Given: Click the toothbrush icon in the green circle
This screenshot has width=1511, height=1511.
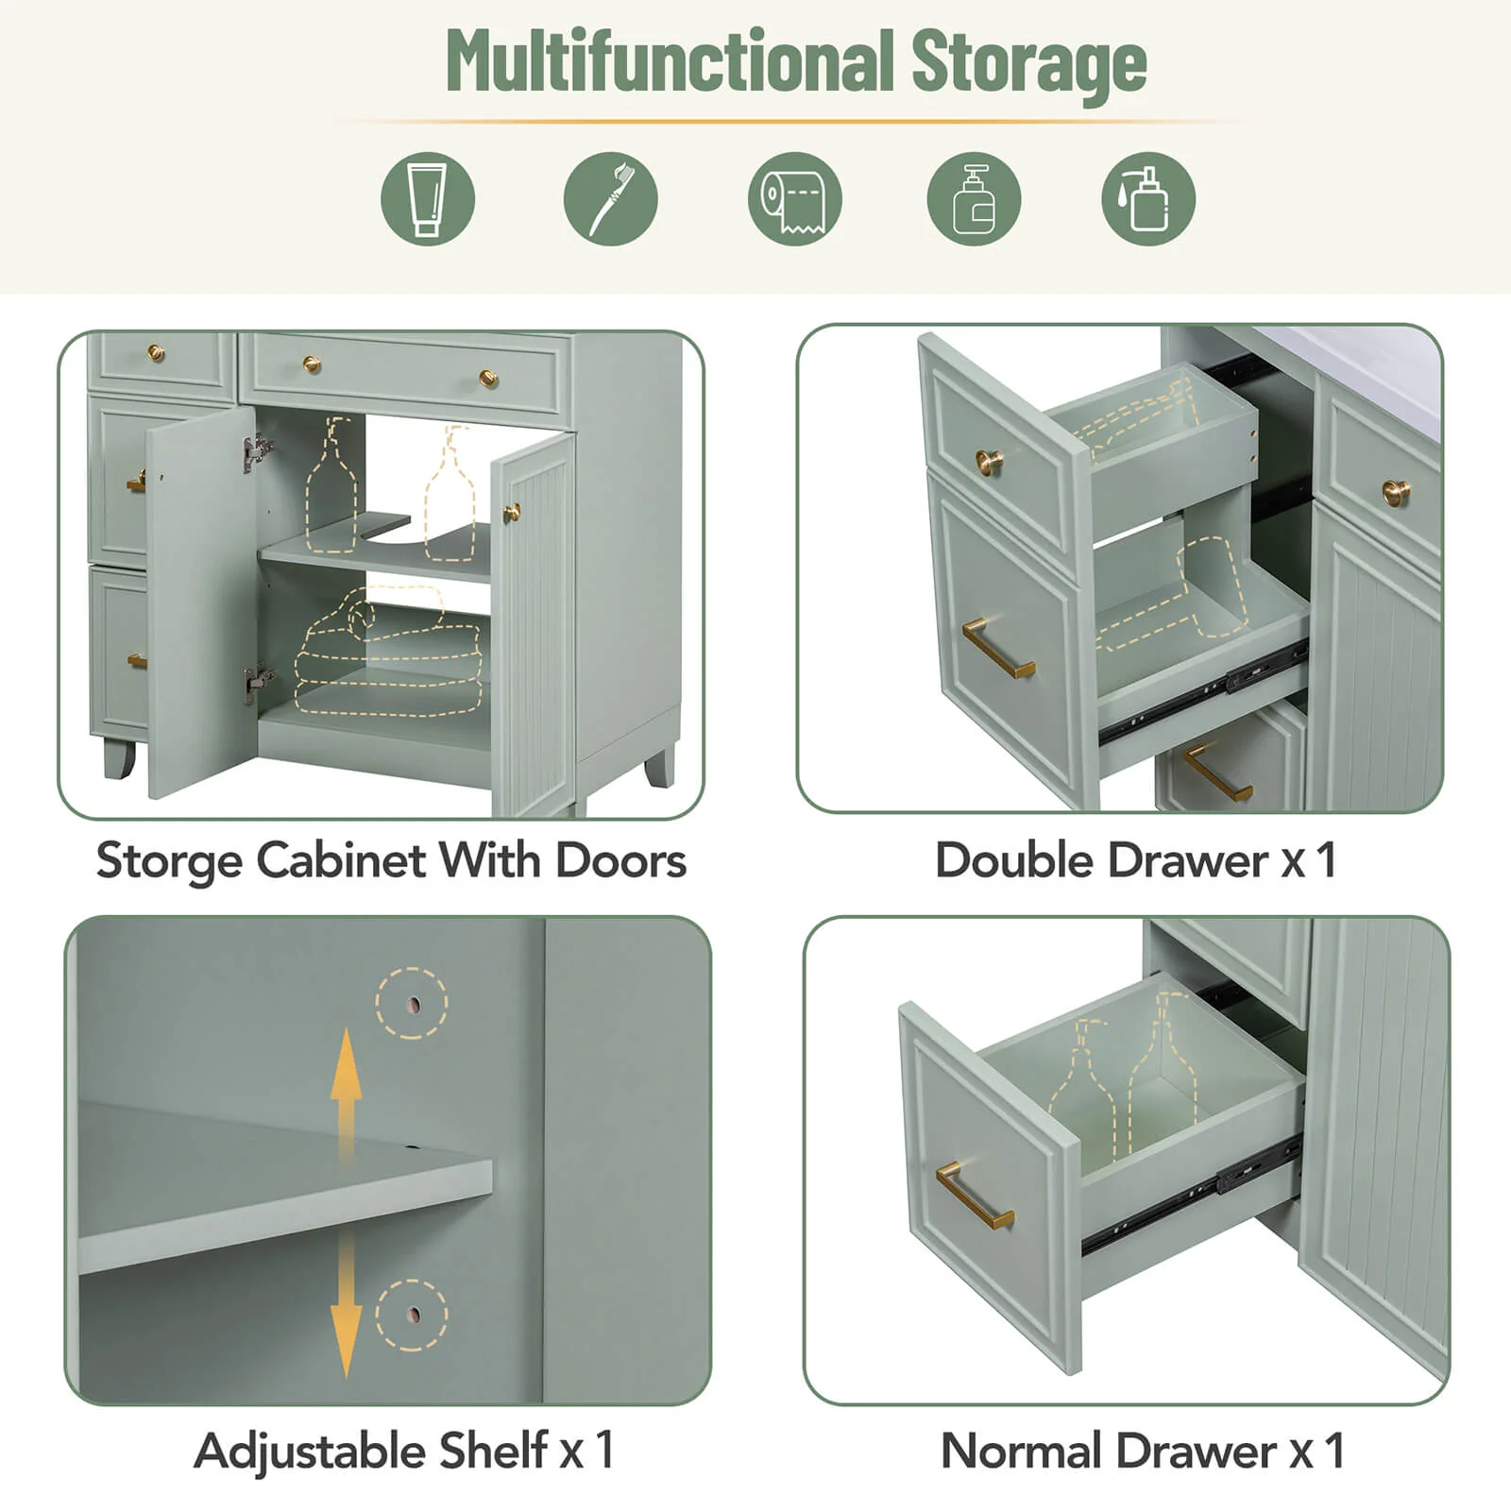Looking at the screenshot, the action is pos(610,199).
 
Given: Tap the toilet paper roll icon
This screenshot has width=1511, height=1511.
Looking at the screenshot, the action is pos(794,200).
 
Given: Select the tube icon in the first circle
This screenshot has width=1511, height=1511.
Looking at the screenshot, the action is pos(428,199).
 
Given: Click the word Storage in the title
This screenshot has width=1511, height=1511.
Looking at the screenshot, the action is pos(1028,63).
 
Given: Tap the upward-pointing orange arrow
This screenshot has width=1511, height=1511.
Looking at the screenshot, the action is pos(346,1095).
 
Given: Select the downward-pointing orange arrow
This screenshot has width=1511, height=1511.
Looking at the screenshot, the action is pos(346,1302).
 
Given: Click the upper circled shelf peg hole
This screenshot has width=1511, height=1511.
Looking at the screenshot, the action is pos(413,1003).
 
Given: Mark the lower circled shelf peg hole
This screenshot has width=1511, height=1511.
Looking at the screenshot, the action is pos(413,1315).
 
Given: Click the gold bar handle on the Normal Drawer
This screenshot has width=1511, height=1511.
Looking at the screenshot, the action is pos(975,1196).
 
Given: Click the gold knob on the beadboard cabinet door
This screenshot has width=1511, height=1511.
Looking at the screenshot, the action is pos(511,513).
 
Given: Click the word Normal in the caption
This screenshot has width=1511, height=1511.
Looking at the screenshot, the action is pos(1023,1451).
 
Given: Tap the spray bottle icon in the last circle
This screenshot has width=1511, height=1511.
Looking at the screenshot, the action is pos(1148,199).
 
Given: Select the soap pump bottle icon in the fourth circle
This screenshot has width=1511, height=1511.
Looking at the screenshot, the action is pos(974,199).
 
